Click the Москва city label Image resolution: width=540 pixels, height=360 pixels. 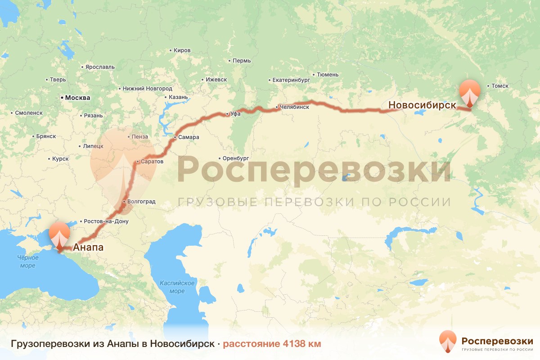coord(77,98)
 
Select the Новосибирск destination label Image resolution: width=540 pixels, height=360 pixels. coord(422,105)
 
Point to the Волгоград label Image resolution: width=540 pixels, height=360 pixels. coord(141,202)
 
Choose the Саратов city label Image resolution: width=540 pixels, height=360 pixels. coord(152,161)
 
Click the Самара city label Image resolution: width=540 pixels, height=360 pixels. coord(188,137)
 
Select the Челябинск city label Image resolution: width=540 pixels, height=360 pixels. coord(294,107)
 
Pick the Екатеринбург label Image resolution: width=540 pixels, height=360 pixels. coord(292,80)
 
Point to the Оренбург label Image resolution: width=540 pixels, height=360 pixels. coord(235,158)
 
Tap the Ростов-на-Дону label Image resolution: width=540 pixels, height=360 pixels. coord(106,221)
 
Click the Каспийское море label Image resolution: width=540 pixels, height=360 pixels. coord(177,287)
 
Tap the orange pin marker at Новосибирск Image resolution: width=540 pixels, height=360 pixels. coord(469,92)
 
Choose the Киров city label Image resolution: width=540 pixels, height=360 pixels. coord(182,50)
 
